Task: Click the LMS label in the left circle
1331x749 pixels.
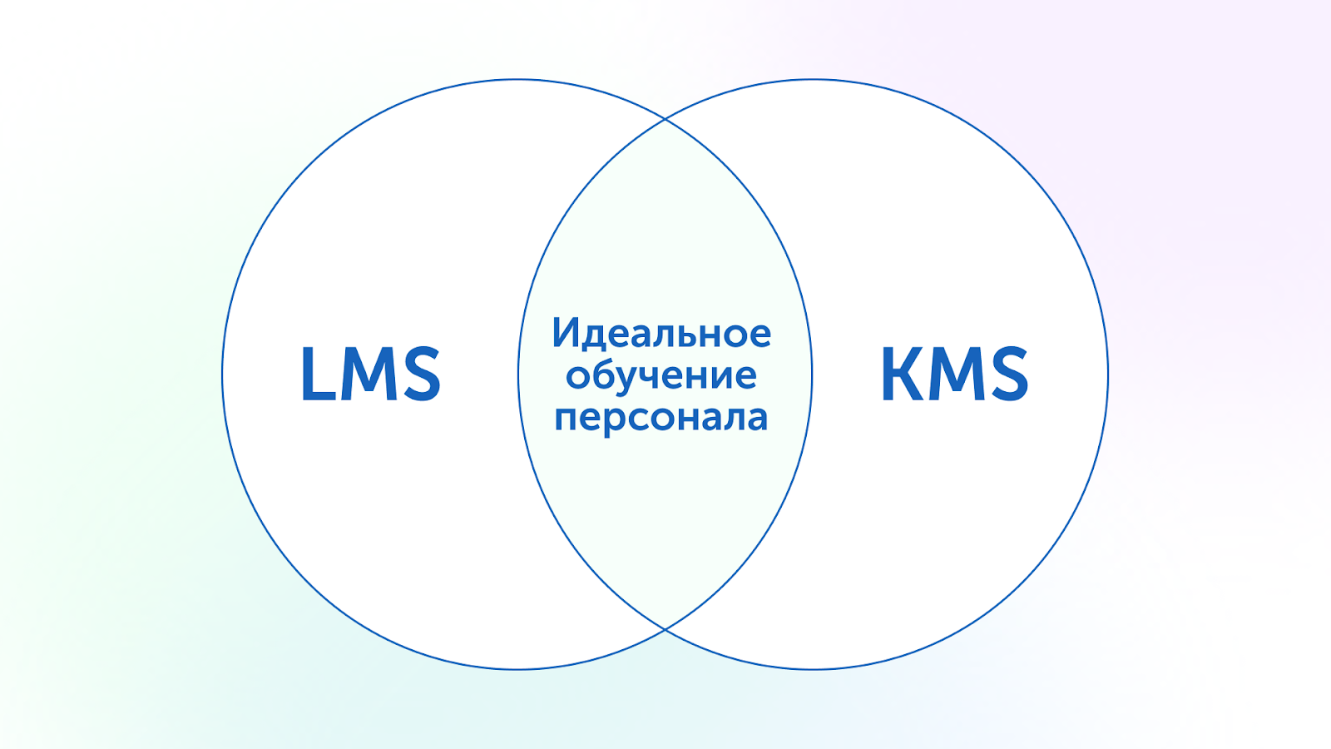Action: [x=370, y=374]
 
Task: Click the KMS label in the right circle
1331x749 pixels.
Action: [x=954, y=374]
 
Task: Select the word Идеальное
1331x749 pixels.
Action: [x=661, y=333]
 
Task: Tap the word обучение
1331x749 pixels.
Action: [x=661, y=376]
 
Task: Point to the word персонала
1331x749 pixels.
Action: [x=661, y=417]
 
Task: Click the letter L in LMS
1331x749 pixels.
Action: [x=318, y=374]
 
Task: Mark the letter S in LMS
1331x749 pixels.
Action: [x=420, y=374]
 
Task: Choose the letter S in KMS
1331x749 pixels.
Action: [x=1008, y=374]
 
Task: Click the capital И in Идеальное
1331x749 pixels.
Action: [x=566, y=333]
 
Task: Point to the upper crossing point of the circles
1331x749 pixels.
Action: [x=665, y=120]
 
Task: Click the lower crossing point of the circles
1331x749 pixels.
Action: [x=665, y=629]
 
